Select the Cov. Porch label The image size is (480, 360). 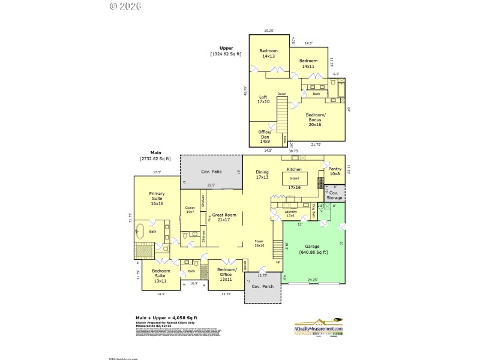[262, 286]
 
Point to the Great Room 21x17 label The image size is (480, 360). [224, 217]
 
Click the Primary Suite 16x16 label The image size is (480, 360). [157, 197]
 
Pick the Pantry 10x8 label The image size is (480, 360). [335, 172]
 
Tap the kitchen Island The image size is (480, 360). [294, 178]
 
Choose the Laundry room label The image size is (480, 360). [290, 214]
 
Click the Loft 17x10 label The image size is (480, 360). [263, 99]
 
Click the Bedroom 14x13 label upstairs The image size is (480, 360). [268, 53]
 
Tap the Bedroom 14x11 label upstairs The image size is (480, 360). [308, 63]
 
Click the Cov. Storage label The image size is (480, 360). [334, 195]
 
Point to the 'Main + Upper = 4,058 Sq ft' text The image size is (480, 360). [166, 317]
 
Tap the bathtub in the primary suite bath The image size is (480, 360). [140, 230]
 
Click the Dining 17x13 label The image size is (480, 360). [262, 175]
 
